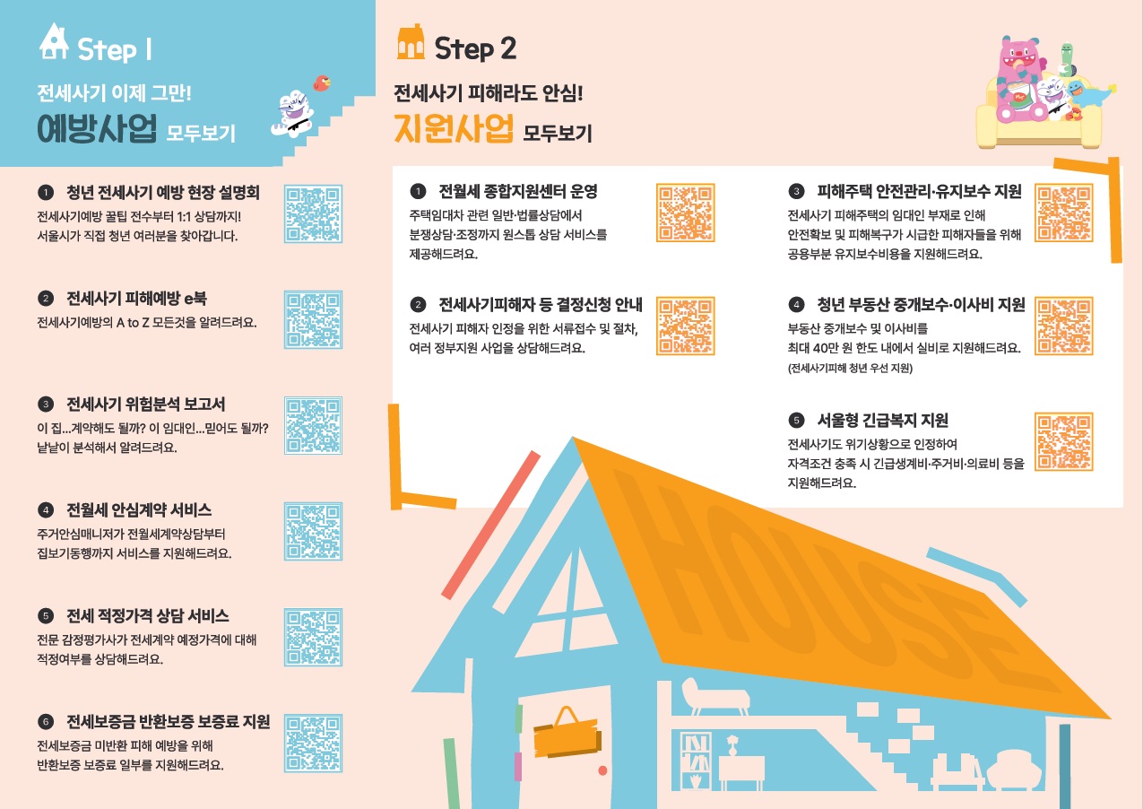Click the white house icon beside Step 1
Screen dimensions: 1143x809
pyautogui.click(x=54, y=41)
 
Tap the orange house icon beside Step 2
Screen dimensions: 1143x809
pyautogui.click(x=411, y=42)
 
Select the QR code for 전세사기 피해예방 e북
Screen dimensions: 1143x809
pyautogui.click(x=313, y=319)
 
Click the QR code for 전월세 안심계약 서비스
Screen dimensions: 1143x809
pyautogui.click(x=313, y=531)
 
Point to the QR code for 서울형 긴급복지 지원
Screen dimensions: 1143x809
pyautogui.click(x=1064, y=441)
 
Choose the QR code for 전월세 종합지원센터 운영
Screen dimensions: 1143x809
pyautogui.click(x=685, y=213)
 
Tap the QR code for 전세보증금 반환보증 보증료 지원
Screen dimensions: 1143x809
pyautogui.click(x=313, y=744)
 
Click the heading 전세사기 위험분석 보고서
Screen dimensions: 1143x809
pyautogui.click(x=146, y=404)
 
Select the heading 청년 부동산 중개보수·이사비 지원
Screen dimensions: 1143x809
pyautogui.click(x=921, y=304)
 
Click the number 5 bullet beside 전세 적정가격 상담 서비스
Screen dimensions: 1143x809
pyautogui.click(x=46, y=616)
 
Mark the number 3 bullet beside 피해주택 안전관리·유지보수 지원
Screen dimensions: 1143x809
pyautogui.click(x=796, y=191)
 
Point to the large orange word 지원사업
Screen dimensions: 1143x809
pyautogui.click(x=454, y=128)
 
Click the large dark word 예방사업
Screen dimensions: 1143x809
pyautogui.click(x=97, y=128)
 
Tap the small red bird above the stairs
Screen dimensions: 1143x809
pyautogui.click(x=322, y=83)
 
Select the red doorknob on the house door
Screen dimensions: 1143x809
pyautogui.click(x=602, y=770)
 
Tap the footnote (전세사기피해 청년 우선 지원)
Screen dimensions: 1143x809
pyautogui.click(x=850, y=368)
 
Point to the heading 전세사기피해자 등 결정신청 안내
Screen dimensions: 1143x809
pyautogui.click(x=541, y=305)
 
